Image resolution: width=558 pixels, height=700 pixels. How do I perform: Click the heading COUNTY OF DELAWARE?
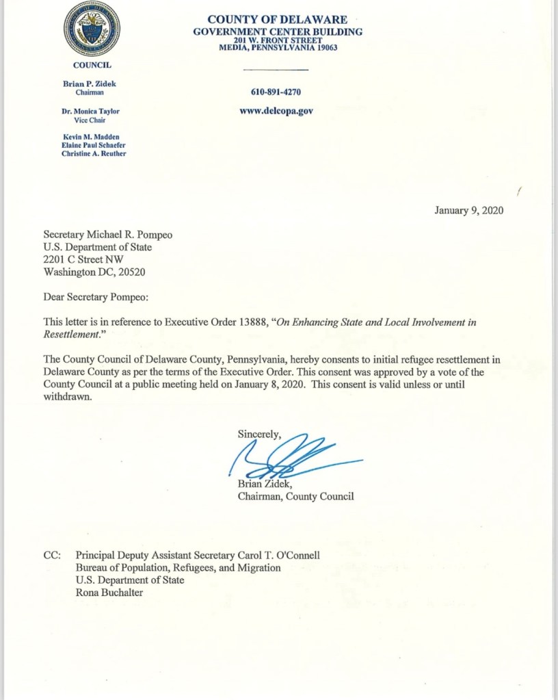277,20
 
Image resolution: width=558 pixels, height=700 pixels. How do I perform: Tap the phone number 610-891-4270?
276,92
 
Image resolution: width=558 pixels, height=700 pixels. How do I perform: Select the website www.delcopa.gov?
276,111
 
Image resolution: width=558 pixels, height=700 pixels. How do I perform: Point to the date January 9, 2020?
468,211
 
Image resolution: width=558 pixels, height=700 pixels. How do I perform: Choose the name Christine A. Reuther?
94,153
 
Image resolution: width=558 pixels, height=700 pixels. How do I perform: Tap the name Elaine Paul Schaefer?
94,145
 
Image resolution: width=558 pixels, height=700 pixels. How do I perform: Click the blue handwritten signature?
287,455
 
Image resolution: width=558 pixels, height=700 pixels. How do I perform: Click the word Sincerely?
258,433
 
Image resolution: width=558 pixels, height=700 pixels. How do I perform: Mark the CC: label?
52,556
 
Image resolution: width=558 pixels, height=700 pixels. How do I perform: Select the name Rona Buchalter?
109,593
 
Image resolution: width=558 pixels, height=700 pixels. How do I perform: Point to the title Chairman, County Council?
295,496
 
